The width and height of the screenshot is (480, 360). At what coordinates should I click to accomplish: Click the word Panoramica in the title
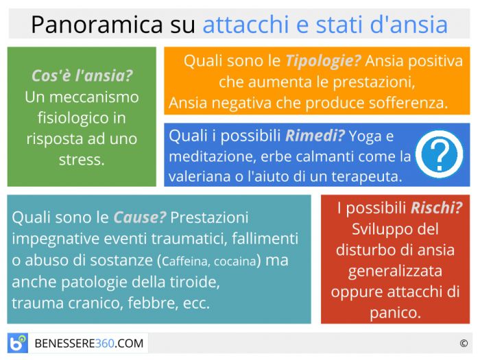[97, 25]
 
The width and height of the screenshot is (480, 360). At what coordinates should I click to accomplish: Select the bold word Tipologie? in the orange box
[323, 61]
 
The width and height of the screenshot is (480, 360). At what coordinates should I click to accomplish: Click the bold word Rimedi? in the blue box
[315, 136]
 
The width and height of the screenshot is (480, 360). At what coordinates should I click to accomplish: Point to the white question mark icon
[440, 154]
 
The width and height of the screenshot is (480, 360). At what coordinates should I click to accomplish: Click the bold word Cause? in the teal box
[140, 217]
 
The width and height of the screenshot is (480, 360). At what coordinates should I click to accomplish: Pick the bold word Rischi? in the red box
[436, 208]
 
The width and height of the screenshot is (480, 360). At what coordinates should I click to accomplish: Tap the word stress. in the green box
[82, 160]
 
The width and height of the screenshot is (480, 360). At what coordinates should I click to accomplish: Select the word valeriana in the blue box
[200, 177]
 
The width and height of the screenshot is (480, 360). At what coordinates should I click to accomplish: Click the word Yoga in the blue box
[365, 136]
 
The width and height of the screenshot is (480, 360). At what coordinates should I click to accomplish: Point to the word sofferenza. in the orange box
[408, 103]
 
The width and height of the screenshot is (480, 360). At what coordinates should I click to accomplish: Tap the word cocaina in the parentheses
[235, 261]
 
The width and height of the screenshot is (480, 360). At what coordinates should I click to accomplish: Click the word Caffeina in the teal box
[186, 261]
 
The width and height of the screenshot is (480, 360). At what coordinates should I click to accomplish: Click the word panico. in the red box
[395, 313]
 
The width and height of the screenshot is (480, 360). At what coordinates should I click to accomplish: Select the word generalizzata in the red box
[395, 272]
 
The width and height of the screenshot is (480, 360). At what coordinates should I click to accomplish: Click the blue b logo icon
[17, 343]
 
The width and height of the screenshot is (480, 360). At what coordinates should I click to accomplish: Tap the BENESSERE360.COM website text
[89, 344]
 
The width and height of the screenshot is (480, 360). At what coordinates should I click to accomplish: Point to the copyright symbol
[464, 344]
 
